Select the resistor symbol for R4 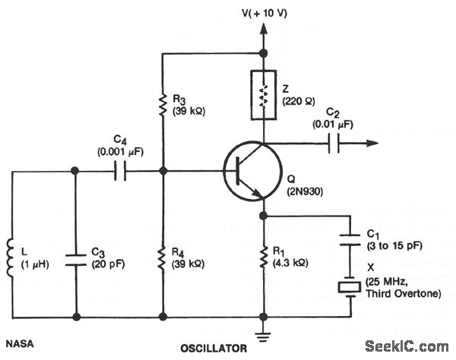[163, 258]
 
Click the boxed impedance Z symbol [264, 95]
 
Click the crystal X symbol [349, 287]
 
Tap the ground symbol [264, 331]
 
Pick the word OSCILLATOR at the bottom [213, 349]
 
